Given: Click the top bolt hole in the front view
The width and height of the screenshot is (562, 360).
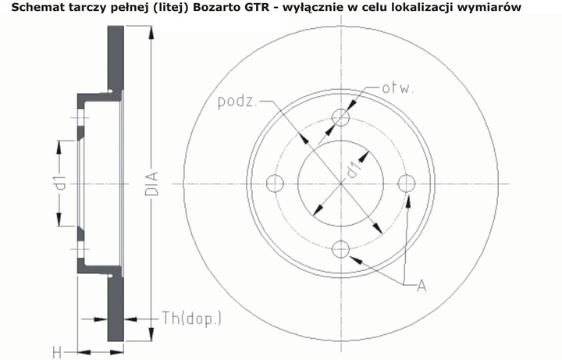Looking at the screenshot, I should point(340,117).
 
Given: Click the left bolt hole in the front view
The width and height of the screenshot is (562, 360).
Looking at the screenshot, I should point(274,184).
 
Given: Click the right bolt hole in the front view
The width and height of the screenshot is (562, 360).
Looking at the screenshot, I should point(406,184).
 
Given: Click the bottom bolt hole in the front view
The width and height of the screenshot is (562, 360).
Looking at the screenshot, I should point(340,250).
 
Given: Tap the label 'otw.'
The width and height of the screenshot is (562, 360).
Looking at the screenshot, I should point(397,87).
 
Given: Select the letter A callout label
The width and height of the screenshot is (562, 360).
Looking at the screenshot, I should point(421,286).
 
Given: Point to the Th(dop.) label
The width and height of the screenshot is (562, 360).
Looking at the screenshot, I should point(191,318).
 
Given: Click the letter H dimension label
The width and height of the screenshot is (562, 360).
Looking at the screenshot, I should point(56,352).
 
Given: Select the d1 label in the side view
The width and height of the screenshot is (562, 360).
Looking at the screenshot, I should point(59,184).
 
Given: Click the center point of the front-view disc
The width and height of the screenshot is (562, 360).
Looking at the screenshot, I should point(340,184).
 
